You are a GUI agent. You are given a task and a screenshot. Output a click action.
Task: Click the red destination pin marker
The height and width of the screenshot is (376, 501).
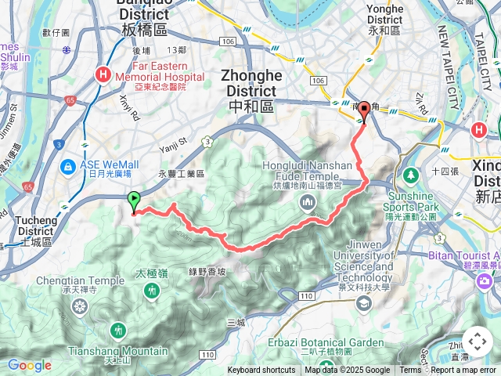pos(363,113)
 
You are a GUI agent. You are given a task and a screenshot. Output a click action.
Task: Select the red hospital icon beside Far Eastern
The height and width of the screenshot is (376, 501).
pos(103,75)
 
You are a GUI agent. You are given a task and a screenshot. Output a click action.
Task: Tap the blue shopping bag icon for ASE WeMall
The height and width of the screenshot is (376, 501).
pos(69,167)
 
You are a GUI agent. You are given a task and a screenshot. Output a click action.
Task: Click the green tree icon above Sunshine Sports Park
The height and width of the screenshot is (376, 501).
pos(408,174)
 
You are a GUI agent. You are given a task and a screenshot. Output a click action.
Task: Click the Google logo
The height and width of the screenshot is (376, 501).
pos(30,366)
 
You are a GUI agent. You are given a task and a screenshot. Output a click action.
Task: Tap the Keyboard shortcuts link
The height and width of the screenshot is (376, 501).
pos(261,371)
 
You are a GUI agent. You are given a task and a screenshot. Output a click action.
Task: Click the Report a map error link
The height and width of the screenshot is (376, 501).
pos(464,371)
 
